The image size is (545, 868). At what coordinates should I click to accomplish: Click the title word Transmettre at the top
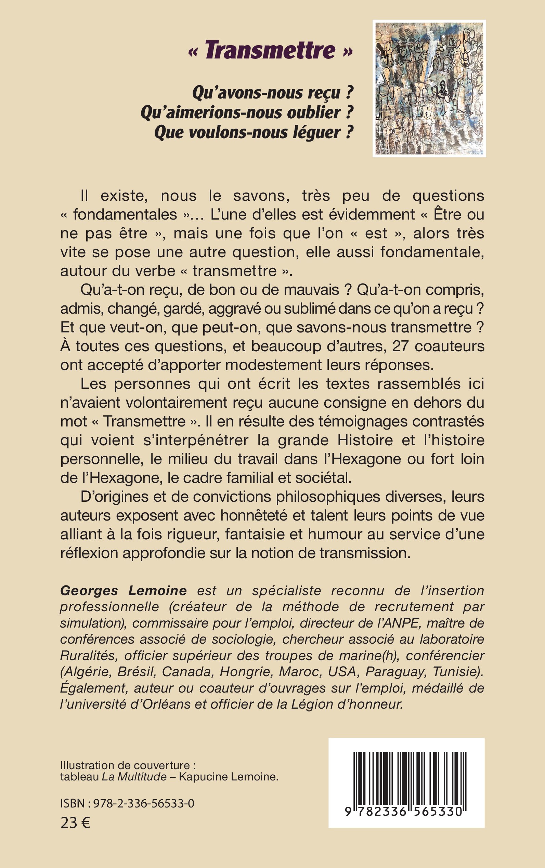tap(270, 50)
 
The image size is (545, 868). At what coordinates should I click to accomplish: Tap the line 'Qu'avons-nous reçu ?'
tap(272, 93)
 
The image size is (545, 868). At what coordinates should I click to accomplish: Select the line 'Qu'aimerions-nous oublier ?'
tap(247, 113)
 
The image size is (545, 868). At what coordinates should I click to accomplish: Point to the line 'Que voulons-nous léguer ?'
tap(254, 132)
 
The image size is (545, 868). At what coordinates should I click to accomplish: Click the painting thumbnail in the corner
tap(429, 89)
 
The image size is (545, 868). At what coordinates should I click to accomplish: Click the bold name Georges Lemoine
tap(123, 591)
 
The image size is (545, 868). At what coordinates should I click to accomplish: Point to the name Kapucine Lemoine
tap(228, 776)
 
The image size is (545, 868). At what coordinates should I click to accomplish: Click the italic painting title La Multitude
tap(134, 776)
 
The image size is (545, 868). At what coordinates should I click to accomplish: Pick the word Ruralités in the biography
tap(87, 655)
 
